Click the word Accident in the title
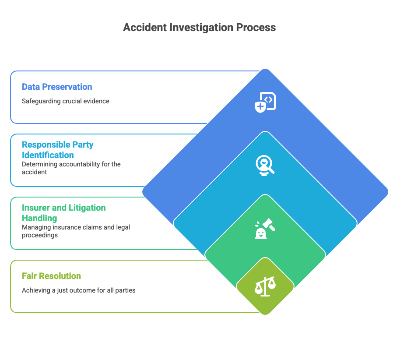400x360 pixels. coord(145,27)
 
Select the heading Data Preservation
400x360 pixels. coord(57,87)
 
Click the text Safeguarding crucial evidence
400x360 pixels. coord(66,101)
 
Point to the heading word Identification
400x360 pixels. coord(48,155)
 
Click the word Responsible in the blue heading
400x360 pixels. coord(46,145)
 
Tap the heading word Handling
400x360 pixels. coord(39,218)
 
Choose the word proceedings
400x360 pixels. coord(40,235)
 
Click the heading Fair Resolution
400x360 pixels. coord(51,276)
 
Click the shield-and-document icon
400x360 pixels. coord(265,102)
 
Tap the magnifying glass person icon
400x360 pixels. coord(265,166)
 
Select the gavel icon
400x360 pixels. coord(265,229)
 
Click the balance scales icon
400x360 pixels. coord(265,286)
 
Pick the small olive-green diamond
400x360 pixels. coord(265,286)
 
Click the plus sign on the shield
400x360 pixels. coord(260,106)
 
